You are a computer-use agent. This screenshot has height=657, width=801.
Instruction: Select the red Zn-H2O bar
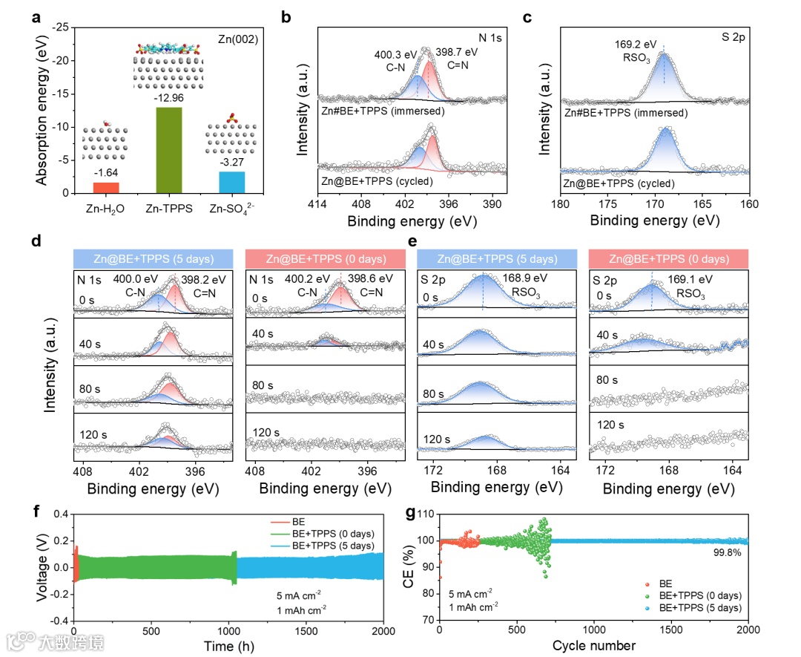[x=106, y=187]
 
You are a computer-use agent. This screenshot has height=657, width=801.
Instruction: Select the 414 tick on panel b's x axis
[x=318, y=204]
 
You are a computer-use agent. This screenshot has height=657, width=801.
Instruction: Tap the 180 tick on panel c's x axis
[x=561, y=204]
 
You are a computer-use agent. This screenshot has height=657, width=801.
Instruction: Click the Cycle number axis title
[x=594, y=645]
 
